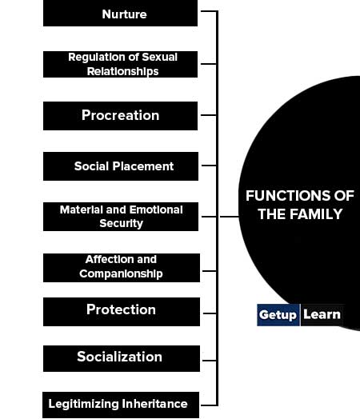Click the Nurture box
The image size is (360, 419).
[120, 13]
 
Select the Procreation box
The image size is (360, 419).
[120, 116]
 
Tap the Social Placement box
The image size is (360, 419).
[121, 166]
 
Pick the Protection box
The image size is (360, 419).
[122, 312]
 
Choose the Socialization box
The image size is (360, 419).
[122, 358]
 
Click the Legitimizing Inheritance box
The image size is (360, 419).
[121, 405]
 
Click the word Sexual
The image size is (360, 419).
[159, 57]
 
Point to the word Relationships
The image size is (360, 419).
[122, 72]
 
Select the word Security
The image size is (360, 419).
[121, 223]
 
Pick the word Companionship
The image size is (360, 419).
[121, 274]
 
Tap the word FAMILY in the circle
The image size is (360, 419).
[316, 214]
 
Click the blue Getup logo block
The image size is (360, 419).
[278, 315]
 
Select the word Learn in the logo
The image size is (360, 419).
[322, 314]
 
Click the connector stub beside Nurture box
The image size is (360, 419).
[209, 11]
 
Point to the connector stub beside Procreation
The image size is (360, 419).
[209, 115]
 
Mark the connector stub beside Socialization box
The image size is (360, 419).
[210, 361]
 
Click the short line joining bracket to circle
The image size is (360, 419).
[229, 217]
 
